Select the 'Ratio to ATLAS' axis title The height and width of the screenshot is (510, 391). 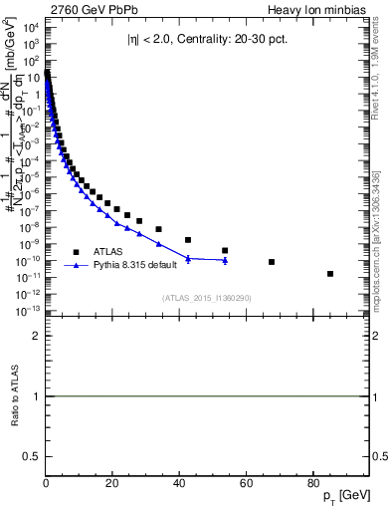14,396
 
